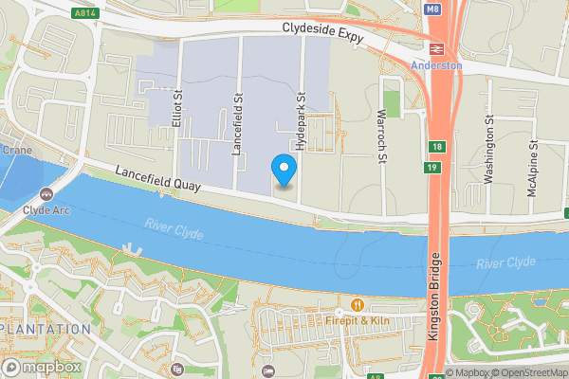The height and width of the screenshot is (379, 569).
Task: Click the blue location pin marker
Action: click(x=284, y=169)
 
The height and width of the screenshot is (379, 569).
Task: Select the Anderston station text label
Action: click(x=437, y=65)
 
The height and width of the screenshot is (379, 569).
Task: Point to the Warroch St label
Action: click(x=380, y=135)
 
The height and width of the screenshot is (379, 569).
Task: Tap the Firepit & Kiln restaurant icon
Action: click(x=358, y=305)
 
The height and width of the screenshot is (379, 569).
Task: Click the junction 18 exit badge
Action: click(x=435, y=146)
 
